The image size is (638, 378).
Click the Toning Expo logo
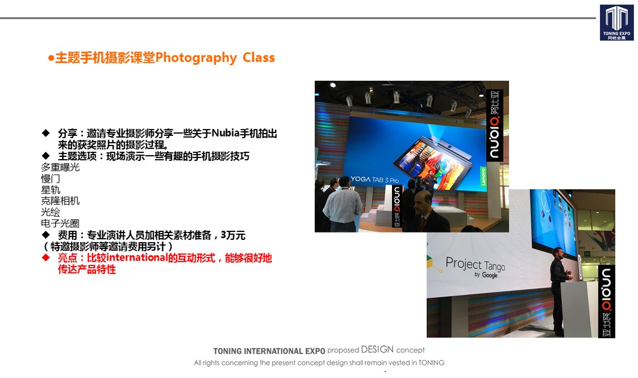616,22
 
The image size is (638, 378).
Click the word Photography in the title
195,58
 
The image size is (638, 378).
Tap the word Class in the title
259,57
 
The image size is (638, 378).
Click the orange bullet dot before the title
51,58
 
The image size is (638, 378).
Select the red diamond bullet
45,257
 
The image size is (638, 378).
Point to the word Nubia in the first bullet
225,133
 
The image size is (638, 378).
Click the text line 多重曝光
60,167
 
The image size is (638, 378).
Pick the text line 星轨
51,190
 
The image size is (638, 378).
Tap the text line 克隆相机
60,201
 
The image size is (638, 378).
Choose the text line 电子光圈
60,223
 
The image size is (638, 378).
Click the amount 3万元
233,235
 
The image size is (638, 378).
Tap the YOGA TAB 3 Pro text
375,179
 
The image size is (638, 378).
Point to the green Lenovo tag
483,176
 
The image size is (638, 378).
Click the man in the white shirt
343,204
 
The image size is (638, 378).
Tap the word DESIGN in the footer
377,350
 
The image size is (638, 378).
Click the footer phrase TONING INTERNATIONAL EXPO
269,351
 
